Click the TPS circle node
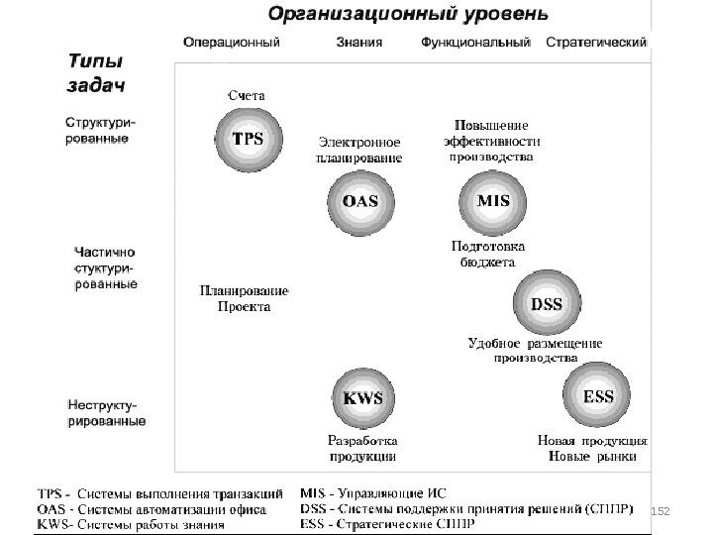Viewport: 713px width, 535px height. [x=247, y=140]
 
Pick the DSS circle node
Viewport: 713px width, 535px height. [x=546, y=305]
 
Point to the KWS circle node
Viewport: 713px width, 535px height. [x=361, y=397]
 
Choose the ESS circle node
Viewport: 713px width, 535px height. [x=597, y=395]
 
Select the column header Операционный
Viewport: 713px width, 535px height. [x=231, y=43]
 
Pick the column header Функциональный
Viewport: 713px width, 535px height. [x=477, y=43]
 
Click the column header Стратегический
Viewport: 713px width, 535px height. [x=596, y=43]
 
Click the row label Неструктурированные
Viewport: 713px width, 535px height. [x=105, y=413]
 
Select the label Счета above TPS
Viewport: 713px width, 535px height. [x=247, y=95]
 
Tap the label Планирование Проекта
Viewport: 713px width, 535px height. [x=244, y=299]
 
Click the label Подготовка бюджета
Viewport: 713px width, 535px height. [x=487, y=254]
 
